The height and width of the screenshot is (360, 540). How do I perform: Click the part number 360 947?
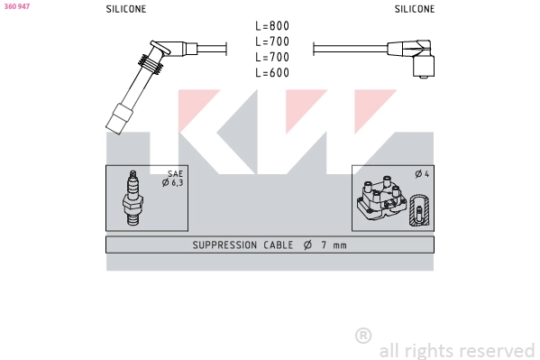click(x=17, y=6)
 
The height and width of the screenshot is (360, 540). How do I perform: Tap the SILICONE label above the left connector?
click(x=126, y=9)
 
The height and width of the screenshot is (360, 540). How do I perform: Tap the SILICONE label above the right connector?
click(x=415, y=9)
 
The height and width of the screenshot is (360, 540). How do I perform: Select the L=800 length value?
click(x=272, y=26)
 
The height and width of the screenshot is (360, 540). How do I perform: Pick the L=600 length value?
click(x=272, y=72)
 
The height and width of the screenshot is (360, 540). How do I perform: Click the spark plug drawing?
click(x=133, y=198)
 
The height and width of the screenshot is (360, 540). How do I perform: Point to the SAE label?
click(x=175, y=174)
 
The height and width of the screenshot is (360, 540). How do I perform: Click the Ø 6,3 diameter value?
click(x=172, y=183)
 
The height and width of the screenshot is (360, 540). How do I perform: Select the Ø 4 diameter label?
click(x=422, y=174)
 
